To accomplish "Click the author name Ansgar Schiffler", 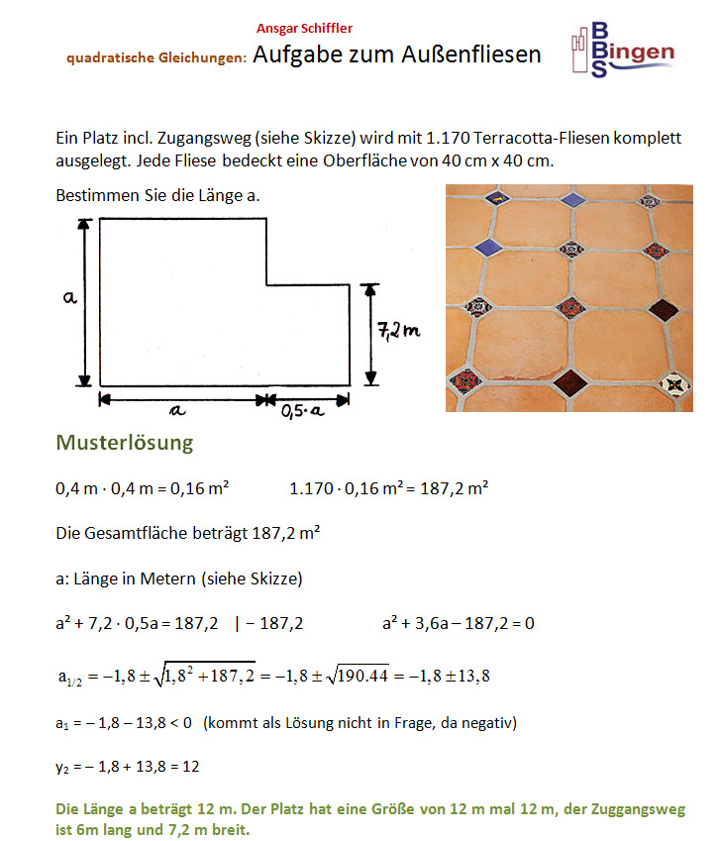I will (304, 29).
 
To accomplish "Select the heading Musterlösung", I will (125, 442).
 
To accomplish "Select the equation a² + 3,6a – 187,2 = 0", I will (459, 623).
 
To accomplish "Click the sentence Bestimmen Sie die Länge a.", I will (158, 194).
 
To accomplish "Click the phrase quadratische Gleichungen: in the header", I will (156, 58).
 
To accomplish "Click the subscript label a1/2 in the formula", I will (73, 680).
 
